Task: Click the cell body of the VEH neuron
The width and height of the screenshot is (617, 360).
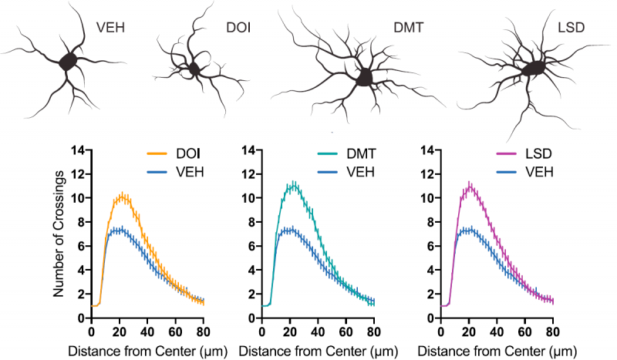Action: [69, 62]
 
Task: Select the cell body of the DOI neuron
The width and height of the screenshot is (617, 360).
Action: [194, 70]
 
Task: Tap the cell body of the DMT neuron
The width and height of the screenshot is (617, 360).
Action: [360, 78]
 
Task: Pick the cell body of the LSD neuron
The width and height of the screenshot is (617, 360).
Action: [532, 69]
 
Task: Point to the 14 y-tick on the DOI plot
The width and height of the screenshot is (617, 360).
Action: [79, 150]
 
